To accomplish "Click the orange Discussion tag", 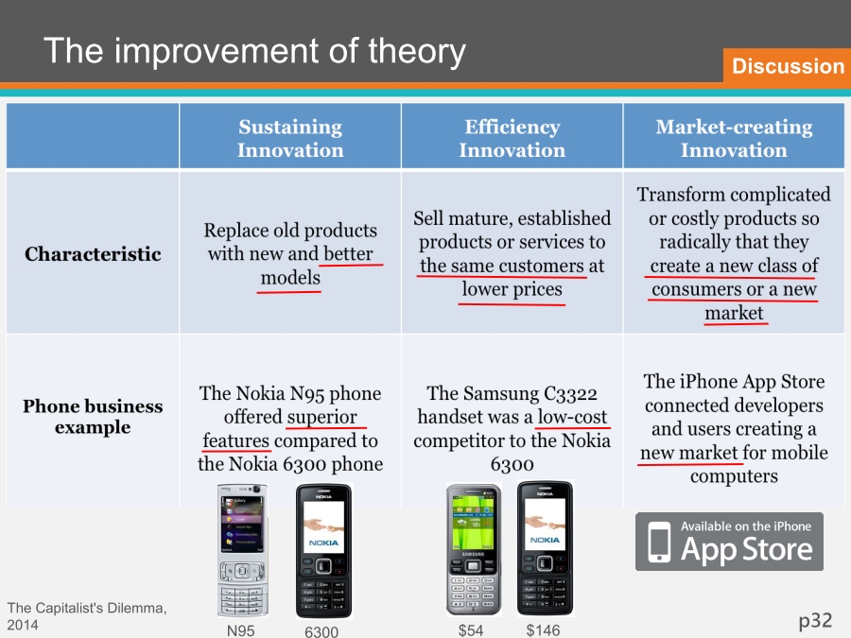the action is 787,65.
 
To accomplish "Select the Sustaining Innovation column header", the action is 290,138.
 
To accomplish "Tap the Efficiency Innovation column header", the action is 512,138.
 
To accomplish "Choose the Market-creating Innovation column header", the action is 734,138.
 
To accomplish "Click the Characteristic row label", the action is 93,254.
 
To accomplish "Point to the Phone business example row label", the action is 93,416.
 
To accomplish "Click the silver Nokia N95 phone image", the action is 243,550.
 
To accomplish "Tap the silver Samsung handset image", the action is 474,549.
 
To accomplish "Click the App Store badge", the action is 729,542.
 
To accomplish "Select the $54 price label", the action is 471,629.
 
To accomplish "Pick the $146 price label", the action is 543,629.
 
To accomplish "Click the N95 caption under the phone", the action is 240,630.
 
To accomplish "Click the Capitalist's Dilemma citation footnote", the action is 87,616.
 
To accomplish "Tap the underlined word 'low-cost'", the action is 572,417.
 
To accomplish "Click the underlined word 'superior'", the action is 321,417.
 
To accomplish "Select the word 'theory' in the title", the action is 417,52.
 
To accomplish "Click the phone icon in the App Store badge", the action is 659,542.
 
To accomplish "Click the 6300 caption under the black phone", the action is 321,631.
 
